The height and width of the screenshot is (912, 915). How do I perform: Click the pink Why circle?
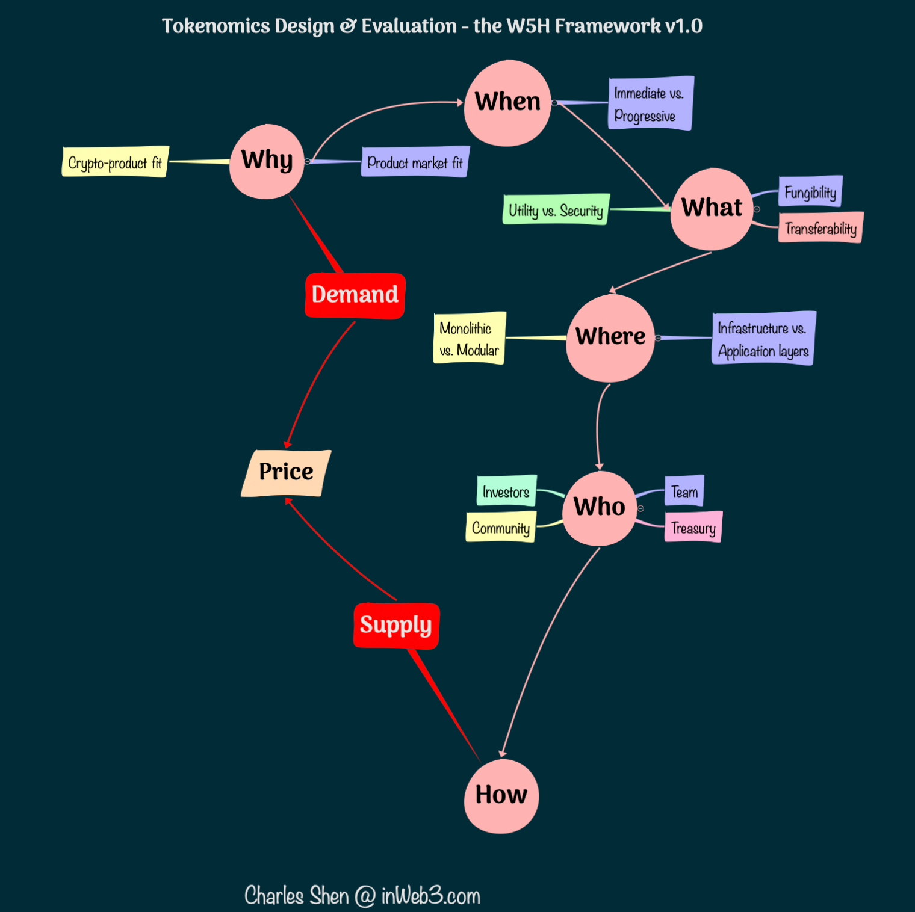[267, 161]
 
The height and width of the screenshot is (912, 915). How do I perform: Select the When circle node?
[507, 103]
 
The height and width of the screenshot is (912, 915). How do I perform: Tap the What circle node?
[712, 209]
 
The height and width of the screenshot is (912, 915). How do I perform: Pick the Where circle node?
[610, 337]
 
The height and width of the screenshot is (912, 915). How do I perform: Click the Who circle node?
[600, 508]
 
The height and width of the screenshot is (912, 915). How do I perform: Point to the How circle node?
[501, 796]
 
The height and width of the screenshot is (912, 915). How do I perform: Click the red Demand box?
[355, 295]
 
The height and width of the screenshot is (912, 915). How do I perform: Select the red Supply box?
[396, 626]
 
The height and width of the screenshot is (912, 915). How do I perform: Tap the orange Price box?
[286, 473]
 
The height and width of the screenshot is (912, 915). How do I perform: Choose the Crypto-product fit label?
[114, 162]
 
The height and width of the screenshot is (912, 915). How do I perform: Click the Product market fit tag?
[415, 162]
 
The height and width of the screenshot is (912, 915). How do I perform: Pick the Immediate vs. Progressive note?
[650, 103]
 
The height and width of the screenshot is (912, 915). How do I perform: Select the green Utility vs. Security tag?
[556, 210]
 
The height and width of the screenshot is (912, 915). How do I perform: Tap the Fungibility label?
[810, 192]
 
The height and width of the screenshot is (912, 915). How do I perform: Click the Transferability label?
[820, 228]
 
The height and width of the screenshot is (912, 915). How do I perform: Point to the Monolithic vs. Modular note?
[469, 339]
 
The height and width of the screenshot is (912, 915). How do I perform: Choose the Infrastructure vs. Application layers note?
[763, 339]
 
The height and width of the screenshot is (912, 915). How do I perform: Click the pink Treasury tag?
[693, 528]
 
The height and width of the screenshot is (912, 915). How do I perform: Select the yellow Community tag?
[500, 528]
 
